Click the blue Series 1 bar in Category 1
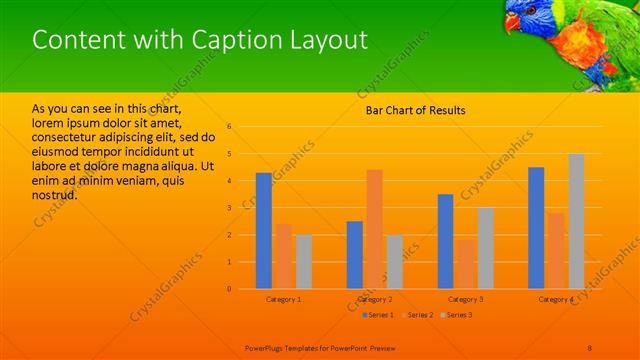pyautogui.click(x=263, y=231)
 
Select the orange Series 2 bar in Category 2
pyautogui.click(x=374, y=229)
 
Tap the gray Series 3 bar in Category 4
pyautogui.click(x=576, y=221)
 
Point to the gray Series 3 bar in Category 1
pyautogui.click(x=303, y=261)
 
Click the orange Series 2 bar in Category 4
pyautogui.click(x=556, y=251)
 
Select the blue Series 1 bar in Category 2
pyautogui.click(x=354, y=255)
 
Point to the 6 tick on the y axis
pyautogui.click(x=229, y=127)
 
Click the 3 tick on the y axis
pyautogui.click(x=229, y=208)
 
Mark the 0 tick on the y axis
pyautogui.click(x=229, y=289)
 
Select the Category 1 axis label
pyautogui.click(x=283, y=300)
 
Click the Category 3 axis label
pyautogui.click(x=465, y=300)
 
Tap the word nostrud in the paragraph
pyautogui.click(x=54, y=194)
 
